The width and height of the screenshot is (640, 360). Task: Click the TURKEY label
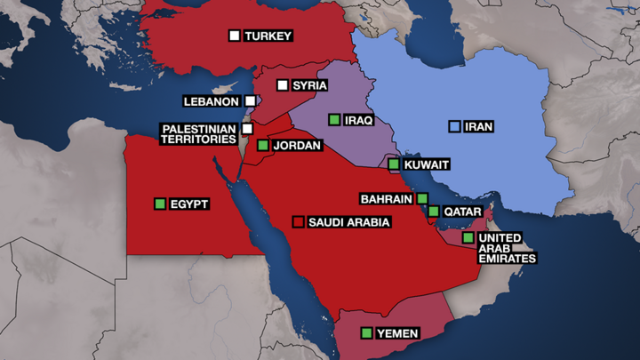point(268,36)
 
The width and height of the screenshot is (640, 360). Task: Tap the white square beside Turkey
point(235,36)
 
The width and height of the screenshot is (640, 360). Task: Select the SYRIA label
point(309,86)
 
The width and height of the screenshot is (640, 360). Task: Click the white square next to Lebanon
point(251,101)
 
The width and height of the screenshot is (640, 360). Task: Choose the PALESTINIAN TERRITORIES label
point(199,135)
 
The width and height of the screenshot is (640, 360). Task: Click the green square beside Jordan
point(263,145)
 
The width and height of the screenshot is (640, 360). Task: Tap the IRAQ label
point(359,120)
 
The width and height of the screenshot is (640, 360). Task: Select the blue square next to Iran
point(454,127)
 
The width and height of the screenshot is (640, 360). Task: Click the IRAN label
point(478,127)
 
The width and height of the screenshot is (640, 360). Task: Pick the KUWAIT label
point(426,164)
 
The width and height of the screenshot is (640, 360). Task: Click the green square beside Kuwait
point(394,164)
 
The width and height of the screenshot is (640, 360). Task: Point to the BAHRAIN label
point(386,198)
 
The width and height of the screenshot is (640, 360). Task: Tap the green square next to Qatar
point(433,212)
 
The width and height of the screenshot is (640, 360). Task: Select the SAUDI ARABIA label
point(348,221)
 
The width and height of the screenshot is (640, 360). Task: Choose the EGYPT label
point(188,204)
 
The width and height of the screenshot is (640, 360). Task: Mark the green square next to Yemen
point(366,333)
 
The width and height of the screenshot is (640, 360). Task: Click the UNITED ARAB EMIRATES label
point(507,248)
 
